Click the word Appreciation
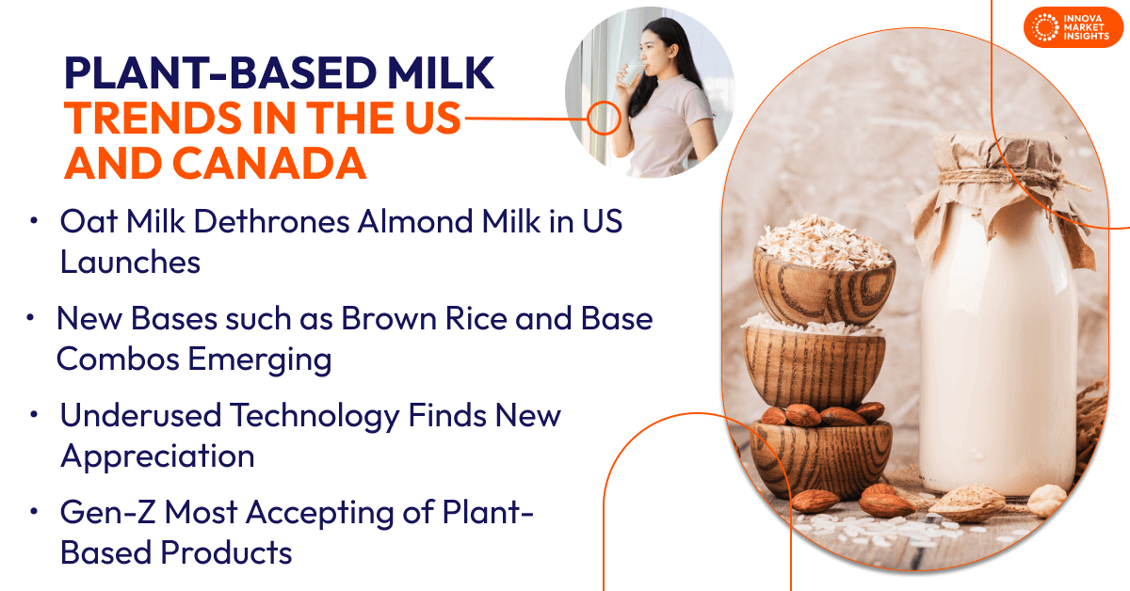[x=157, y=455]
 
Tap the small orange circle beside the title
[x=604, y=119]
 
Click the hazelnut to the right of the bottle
[x=1048, y=498]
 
